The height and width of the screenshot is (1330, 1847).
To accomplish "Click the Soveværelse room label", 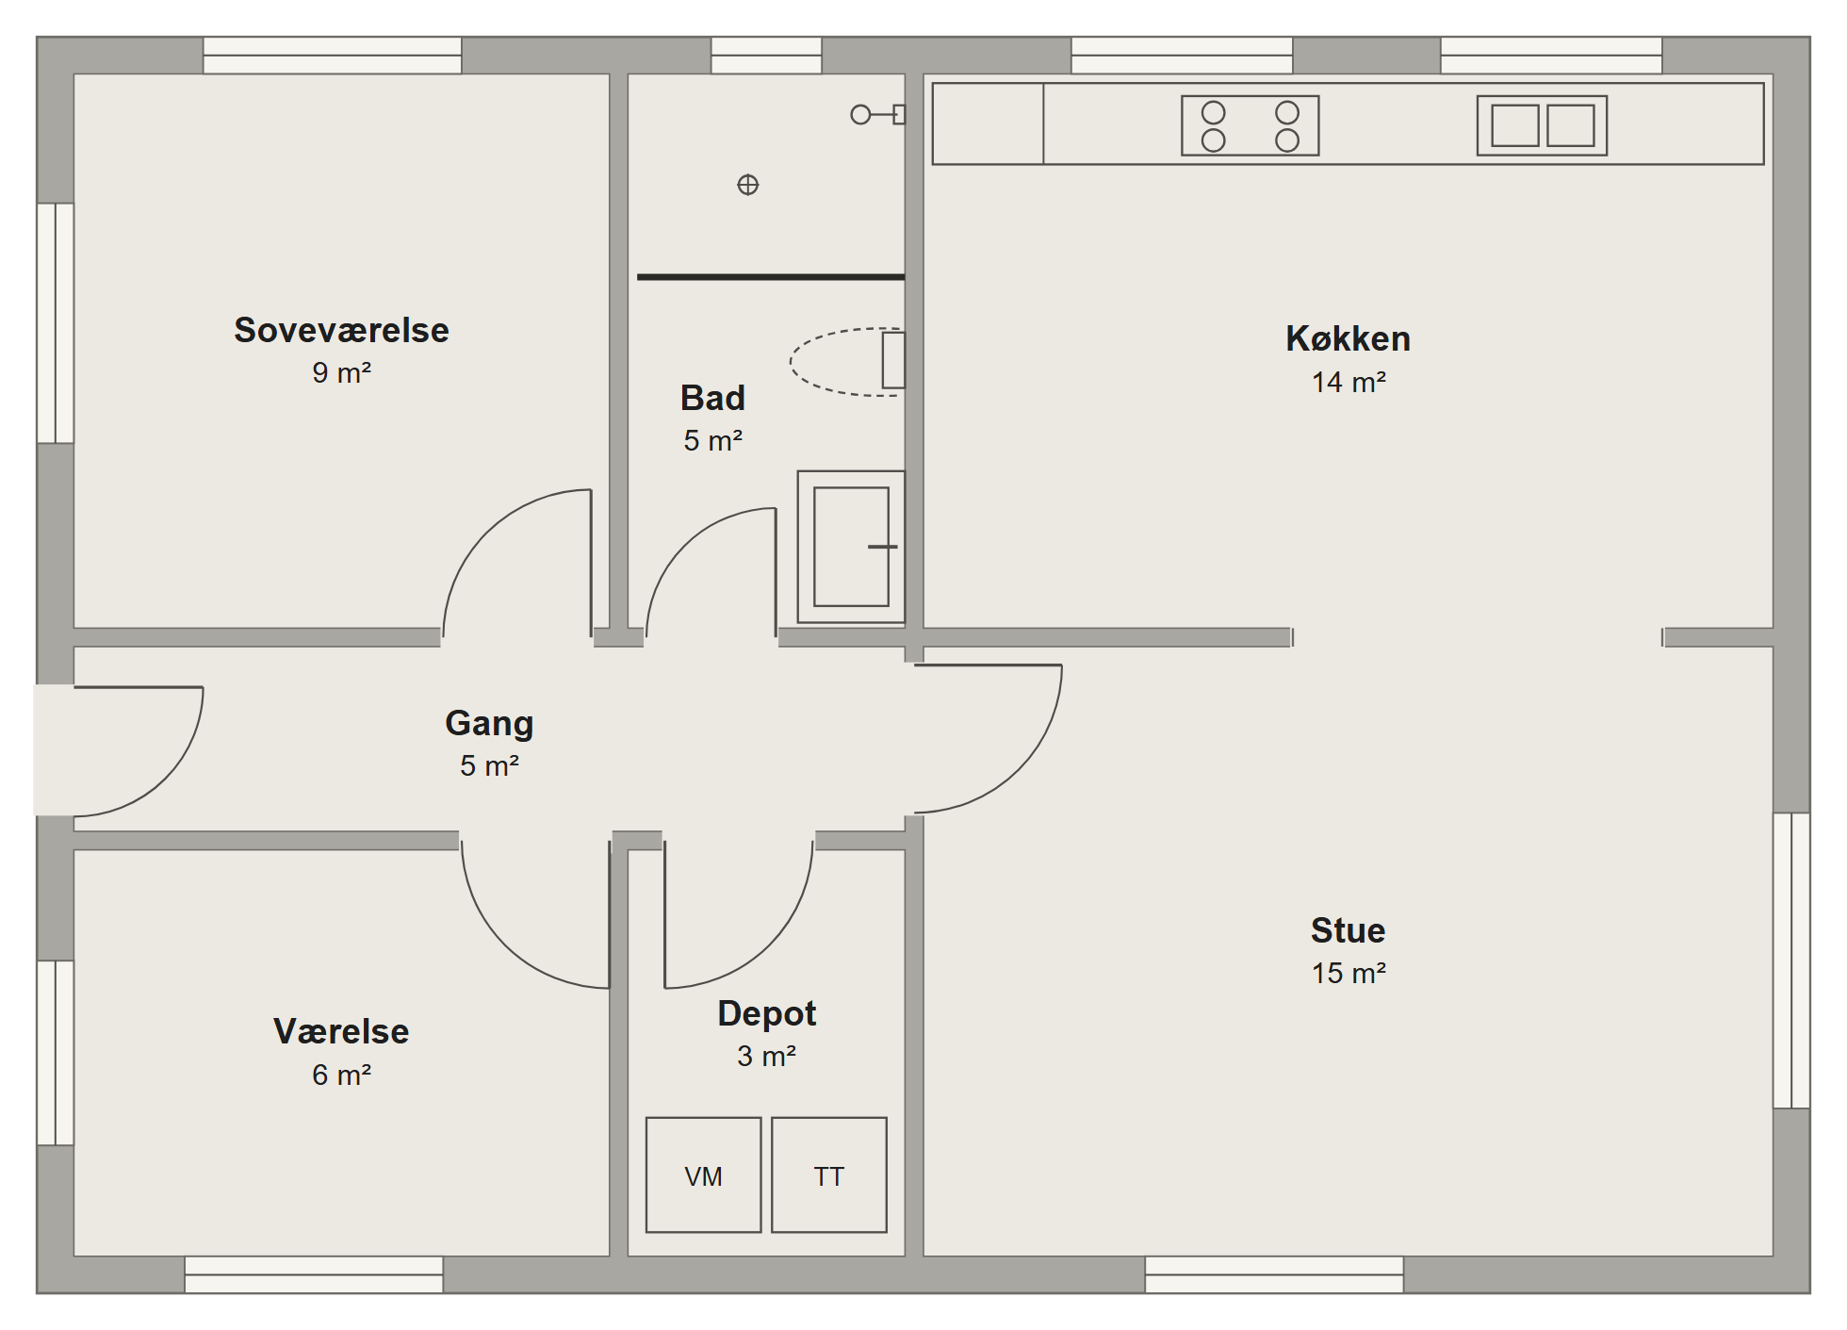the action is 341,331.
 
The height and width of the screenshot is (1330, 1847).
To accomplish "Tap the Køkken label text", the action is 1348,339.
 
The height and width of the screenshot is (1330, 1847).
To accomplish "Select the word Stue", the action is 1348,930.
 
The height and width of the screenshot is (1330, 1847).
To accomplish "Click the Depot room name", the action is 766,1014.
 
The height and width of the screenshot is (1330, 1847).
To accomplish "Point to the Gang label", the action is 489,724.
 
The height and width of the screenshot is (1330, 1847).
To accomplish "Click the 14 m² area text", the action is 1348,382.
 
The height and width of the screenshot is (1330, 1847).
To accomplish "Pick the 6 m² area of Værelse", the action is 341,1075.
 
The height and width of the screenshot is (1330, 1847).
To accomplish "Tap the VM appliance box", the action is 703,1175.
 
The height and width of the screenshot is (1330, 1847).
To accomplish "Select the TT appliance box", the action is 829,1175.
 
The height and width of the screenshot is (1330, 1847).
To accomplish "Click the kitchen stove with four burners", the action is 1250,125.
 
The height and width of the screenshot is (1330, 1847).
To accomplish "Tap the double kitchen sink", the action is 1542,125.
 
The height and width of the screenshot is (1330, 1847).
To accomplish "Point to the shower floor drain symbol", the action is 747,185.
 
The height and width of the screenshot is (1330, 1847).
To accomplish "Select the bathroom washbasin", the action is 851,547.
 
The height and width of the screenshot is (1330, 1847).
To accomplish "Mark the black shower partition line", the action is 771,277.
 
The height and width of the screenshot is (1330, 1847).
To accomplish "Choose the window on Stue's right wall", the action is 1791,961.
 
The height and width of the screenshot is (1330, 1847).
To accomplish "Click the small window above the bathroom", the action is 766,56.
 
